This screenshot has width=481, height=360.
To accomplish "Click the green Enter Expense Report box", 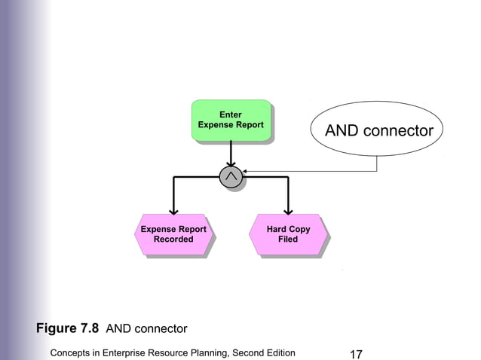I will [x=230, y=120].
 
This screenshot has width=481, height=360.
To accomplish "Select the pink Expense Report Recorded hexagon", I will [x=173, y=234].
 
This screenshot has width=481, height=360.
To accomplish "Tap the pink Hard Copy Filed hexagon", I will [x=287, y=234].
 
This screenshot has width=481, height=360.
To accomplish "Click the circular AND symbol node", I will [x=231, y=176].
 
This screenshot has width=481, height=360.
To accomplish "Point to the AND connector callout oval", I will [x=378, y=132].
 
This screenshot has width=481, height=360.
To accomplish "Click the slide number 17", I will [x=357, y=352].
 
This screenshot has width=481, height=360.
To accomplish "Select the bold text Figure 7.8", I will [x=68, y=328].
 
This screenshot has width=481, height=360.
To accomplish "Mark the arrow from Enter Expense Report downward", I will [x=231, y=154].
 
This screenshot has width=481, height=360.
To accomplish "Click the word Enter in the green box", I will [x=230, y=114].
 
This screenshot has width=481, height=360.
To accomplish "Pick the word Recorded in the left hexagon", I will [x=173, y=239].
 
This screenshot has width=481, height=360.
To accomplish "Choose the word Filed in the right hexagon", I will [x=288, y=239].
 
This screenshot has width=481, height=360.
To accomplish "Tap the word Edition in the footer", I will [x=277, y=352].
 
